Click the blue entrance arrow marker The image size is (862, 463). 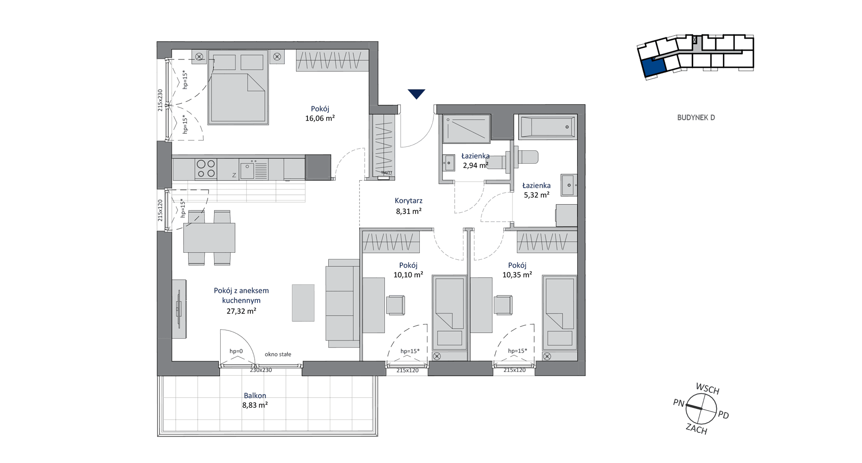pyautogui.click(x=416, y=94)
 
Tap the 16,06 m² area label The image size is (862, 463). pyautogui.click(x=320, y=118)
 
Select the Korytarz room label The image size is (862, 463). pyautogui.click(x=408, y=201)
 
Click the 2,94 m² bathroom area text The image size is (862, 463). pyautogui.click(x=475, y=165)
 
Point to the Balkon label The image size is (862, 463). pyautogui.click(x=255, y=396)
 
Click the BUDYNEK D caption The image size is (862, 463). pyautogui.click(x=696, y=117)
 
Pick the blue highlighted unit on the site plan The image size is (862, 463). pyautogui.click(x=655, y=66)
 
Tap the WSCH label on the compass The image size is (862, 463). pyautogui.click(x=707, y=389)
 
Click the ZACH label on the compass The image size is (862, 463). pyautogui.click(x=696, y=429)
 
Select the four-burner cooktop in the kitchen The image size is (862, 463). pyautogui.click(x=206, y=169)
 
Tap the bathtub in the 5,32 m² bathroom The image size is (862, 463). pyautogui.click(x=547, y=127)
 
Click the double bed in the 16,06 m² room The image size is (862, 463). pyautogui.click(x=239, y=87)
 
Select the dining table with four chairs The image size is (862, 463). pyautogui.click(x=209, y=238)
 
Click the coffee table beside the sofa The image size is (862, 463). pyautogui.click(x=303, y=303)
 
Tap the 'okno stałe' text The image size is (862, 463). pyautogui.click(x=278, y=354)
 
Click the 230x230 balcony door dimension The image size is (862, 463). pyautogui.click(x=261, y=370)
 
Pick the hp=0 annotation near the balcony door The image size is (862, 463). pyautogui.click(x=236, y=351)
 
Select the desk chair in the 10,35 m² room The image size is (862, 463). pyautogui.click(x=503, y=305)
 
